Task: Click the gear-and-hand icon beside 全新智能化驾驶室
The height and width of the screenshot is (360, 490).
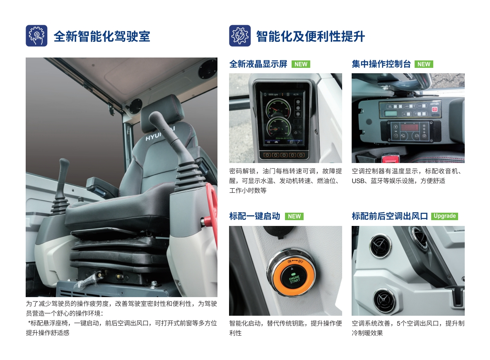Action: tap(36, 36)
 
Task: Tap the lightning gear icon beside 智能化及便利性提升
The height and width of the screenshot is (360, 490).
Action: tap(240, 36)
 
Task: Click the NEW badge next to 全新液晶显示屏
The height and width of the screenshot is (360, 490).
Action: tap(301, 64)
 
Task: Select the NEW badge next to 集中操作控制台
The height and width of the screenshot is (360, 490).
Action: tap(424, 64)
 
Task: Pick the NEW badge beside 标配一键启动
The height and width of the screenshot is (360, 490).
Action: tap(294, 216)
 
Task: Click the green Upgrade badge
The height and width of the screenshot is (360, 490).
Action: tap(444, 216)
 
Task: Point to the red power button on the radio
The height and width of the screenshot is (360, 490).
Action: tap(434, 109)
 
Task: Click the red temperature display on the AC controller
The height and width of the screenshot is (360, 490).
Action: tap(409, 127)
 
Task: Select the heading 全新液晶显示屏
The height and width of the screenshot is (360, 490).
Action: tap(258, 64)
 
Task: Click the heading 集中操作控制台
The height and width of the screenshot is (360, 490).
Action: tap(381, 64)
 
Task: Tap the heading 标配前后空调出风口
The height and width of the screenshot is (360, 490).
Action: tap(390, 216)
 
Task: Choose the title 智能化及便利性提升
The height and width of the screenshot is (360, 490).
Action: tap(310, 36)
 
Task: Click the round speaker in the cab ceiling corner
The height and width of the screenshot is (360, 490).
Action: tap(207, 70)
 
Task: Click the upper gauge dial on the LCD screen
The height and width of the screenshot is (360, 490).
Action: tap(278, 108)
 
